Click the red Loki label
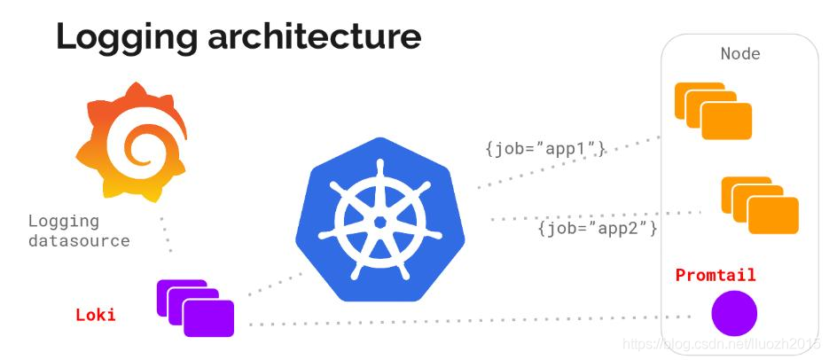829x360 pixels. [95, 315]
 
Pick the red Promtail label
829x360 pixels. [716, 275]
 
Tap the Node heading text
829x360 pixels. [739, 54]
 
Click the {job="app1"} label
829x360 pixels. [544, 148]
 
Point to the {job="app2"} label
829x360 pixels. [597, 228]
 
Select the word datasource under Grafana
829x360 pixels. [79, 240]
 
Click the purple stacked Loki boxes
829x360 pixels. [195, 307]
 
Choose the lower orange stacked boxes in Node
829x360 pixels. [759, 205]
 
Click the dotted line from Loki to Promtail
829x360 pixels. [461, 321]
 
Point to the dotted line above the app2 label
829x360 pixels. [594, 215]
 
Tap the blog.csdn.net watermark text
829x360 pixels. [722, 342]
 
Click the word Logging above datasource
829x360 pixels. [63, 221]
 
